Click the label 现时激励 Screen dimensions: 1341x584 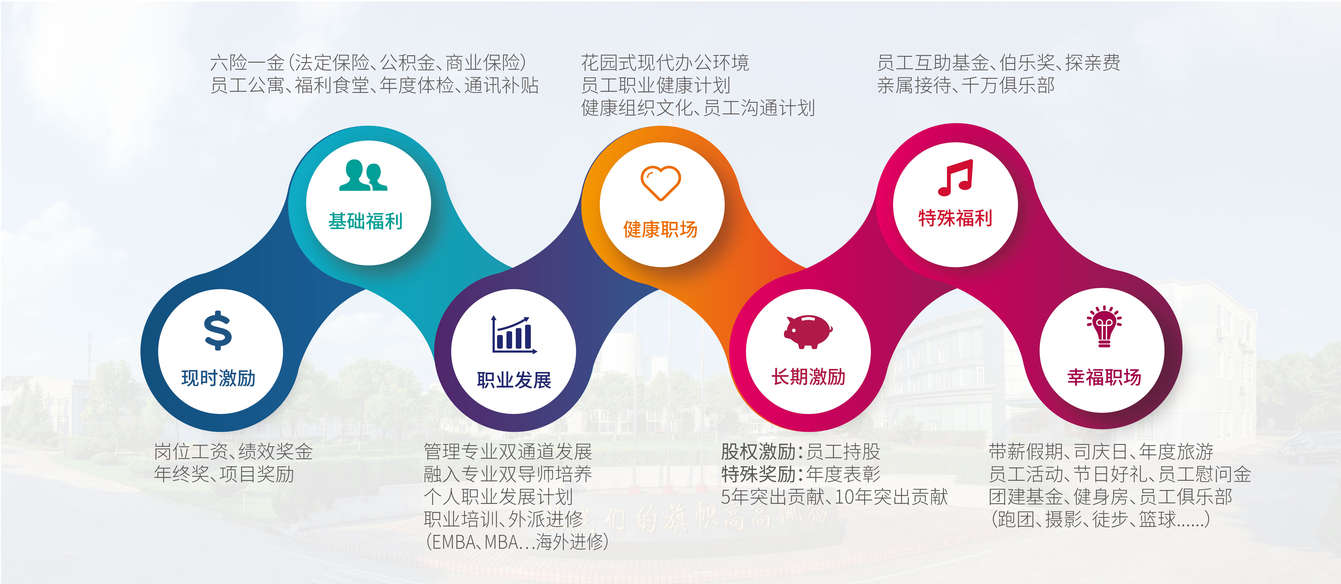tap(219, 379)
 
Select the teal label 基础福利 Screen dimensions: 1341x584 tap(365, 221)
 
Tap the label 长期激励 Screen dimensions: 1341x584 tap(809, 377)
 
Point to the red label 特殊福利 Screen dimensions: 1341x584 tap(955, 218)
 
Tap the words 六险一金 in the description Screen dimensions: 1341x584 tap(247, 63)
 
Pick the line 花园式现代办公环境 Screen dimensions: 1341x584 tap(665, 63)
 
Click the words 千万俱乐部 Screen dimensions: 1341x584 tap(1008, 85)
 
